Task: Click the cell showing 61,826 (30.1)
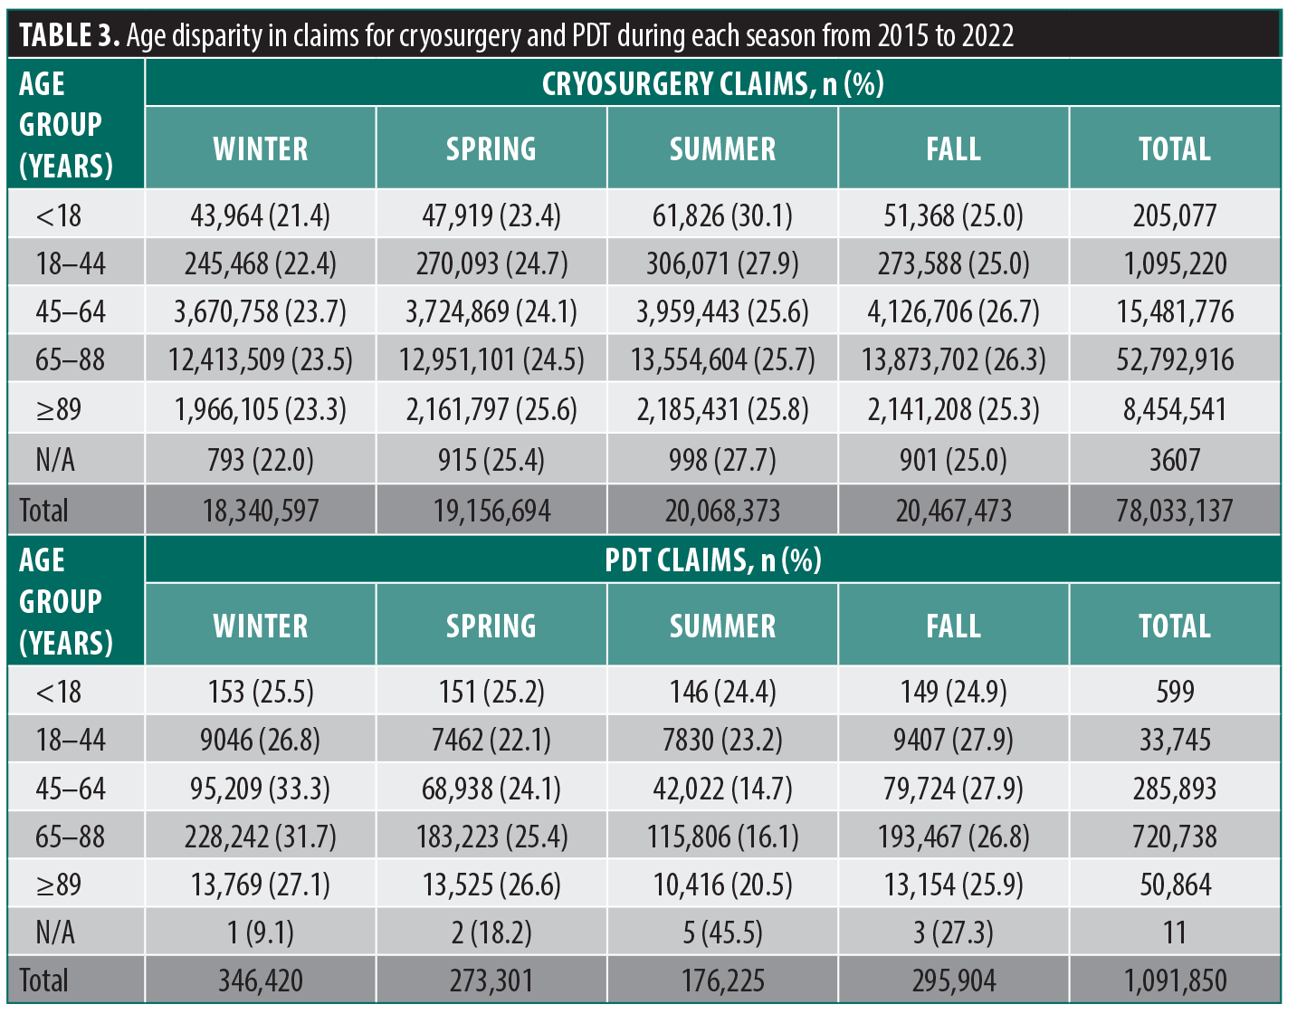[x=722, y=215]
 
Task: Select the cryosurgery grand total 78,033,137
[x=1174, y=511]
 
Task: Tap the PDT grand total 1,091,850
[x=1174, y=981]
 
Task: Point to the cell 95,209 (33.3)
[x=261, y=789]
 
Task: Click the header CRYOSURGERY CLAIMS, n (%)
[x=712, y=84]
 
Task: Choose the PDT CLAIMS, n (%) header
[x=712, y=560]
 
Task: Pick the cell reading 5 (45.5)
[x=722, y=933]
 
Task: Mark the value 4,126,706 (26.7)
[x=953, y=312]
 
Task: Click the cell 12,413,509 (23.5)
[x=261, y=360]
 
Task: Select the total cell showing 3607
[x=1174, y=460]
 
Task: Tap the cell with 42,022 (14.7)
[x=722, y=789]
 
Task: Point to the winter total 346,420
[x=261, y=981]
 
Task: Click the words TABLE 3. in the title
[x=69, y=35]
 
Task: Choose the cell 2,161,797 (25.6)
[x=491, y=409]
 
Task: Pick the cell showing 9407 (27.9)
[x=953, y=741]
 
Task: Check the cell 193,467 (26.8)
[x=953, y=837]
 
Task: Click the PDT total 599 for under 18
[x=1174, y=693]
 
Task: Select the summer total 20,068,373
[x=722, y=511]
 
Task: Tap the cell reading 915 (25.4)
[x=491, y=460]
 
